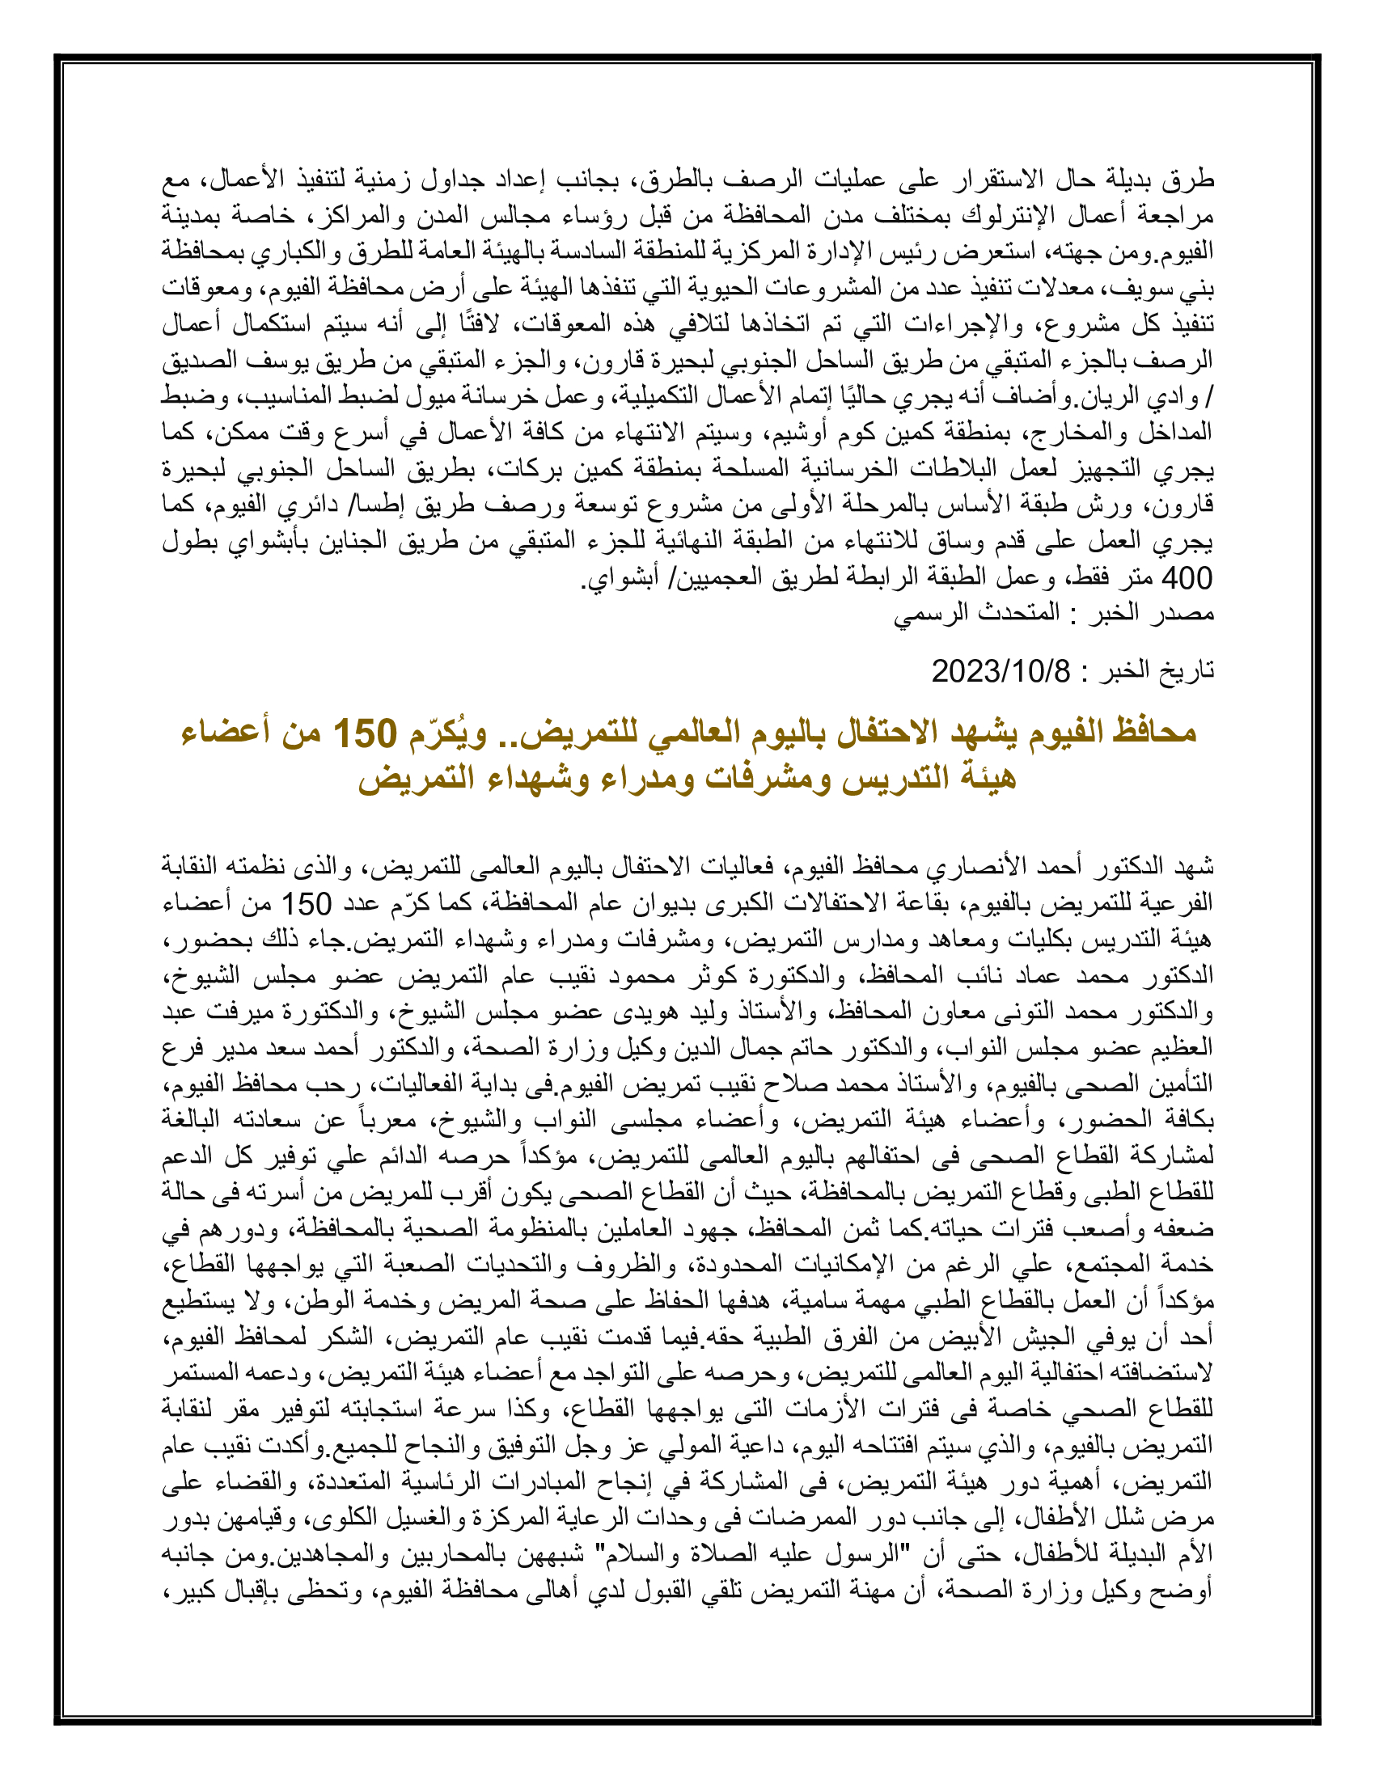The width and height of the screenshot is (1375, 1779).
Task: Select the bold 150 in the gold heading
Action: (365, 733)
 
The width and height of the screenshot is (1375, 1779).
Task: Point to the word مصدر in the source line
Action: (1187, 613)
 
